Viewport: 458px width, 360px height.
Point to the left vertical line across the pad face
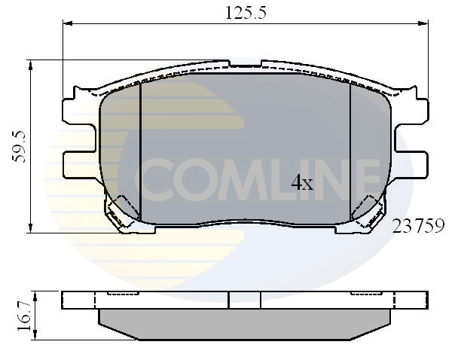(x=142, y=151)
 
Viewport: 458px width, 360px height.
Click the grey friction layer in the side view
(x=245, y=322)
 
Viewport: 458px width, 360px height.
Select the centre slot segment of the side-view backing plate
(x=244, y=299)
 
